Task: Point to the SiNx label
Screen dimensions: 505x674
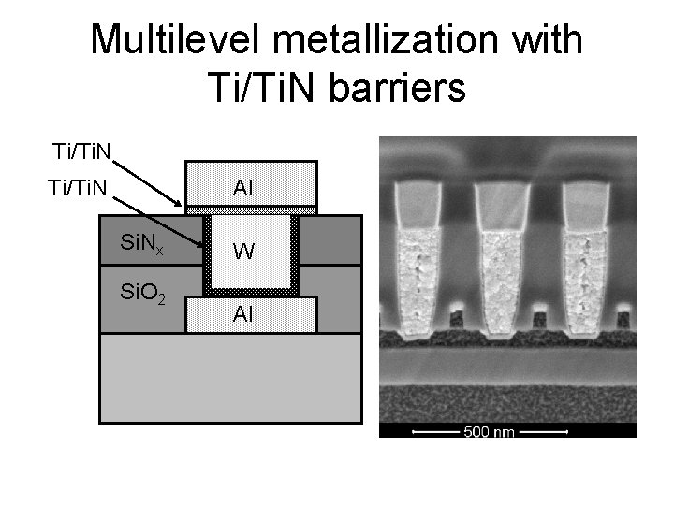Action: pyautogui.click(x=142, y=245)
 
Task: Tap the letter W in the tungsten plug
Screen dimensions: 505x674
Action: pyautogui.click(x=242, y=252)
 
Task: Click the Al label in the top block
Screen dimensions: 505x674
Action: pyautogui.click(x=242, y=187)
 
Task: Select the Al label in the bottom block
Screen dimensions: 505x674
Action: pyautogui.click(x=242, y=315)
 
